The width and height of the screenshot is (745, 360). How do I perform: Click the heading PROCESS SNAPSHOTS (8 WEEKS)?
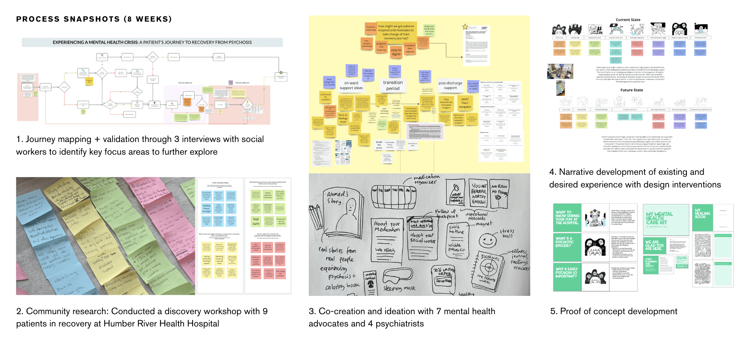(94, 19)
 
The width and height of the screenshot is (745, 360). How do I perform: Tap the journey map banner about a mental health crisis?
(152, 42)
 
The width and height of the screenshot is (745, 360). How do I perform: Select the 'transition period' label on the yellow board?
(393, 85)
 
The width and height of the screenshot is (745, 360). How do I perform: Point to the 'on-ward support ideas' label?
(351, 86)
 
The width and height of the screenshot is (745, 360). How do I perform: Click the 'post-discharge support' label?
(450, 85)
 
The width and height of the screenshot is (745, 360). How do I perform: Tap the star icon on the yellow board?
(465, 27)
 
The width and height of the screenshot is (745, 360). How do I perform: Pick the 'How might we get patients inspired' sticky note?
(396, 32)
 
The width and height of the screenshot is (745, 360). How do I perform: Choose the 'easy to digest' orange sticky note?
(396, 52)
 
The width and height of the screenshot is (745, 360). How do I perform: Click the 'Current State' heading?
(628, 20)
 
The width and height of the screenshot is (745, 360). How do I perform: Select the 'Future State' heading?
(631, 90)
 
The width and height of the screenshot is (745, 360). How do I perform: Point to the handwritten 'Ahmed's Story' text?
(337, 198)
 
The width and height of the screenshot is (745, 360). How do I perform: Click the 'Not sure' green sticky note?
(256, 221)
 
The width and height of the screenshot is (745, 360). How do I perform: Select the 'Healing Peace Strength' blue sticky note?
(206, 208)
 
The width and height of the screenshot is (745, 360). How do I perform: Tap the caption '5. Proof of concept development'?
(614, 312)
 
